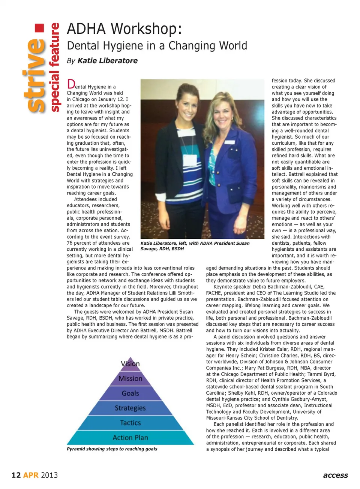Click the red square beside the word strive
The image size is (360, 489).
pos(39,28)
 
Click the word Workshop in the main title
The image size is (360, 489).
pos(147,29)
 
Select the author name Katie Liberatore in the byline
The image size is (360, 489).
pos(107,61)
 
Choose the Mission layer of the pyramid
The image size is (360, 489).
pos(130,378)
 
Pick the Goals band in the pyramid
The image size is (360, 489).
pos(130,393)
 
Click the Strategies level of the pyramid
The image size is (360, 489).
pos(130,408)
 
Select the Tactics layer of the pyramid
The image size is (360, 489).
pos(130,423)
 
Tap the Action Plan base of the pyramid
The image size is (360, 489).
pos(130,437)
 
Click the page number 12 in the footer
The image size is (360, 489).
pos(16,475)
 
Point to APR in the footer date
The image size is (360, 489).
pos(31,475)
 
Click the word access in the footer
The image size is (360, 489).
pos(335,475)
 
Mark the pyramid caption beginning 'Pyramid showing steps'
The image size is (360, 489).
pos(112,449)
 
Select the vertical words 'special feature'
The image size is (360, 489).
pos(55,67)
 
